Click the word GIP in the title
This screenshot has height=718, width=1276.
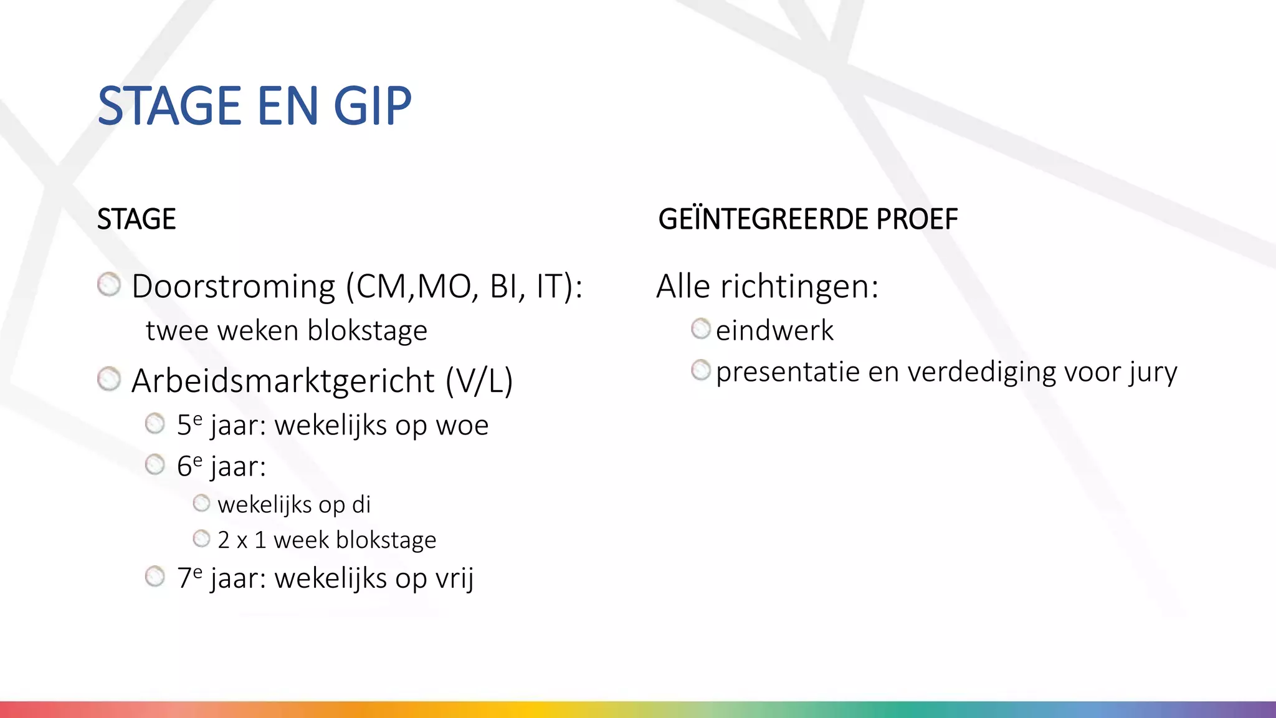click(x=373, y=106)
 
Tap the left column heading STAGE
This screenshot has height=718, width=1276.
click(x=136, y=219)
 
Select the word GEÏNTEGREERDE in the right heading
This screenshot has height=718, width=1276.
click(x=763, y=219)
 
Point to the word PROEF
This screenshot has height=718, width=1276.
click(x=917, y=219)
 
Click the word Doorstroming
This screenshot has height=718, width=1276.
click(x=234, y=287)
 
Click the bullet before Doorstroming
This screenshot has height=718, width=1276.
click(x=109, y=285)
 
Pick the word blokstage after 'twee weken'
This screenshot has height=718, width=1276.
click(x=368, y=330)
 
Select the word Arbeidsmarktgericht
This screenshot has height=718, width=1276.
click(x=283, y=381)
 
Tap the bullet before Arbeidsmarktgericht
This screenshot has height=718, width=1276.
click(x=109, y=379)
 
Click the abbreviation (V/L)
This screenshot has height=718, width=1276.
click(x=479, y=381)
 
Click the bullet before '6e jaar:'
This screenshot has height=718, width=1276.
click(x=155, y=464)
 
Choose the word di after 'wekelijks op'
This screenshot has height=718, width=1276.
click(x=361, y=505)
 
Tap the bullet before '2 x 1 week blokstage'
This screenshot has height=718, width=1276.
click(x=201, y=538)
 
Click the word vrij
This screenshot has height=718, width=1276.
click(x=454, y=578)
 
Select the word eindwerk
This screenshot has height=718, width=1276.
click(x=774, y=330)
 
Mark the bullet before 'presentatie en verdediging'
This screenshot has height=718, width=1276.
click(x=701, y=370)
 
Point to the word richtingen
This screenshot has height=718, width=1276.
click(x=799, y=287)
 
